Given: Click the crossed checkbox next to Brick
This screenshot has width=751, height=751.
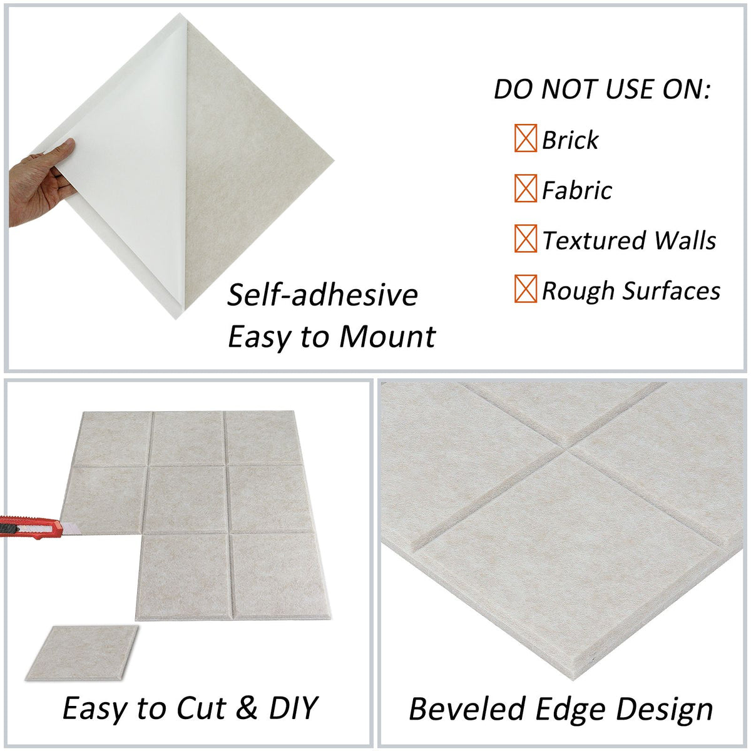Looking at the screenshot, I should (x=526, y=138).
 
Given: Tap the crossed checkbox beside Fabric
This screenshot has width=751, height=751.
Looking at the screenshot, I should (x=526, y=188).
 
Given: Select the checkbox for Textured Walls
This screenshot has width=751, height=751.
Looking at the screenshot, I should (x=526, y=238).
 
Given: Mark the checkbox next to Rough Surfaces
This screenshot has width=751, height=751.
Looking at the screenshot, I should (x=526, y=289).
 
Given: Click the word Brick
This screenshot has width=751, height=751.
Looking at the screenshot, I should (x=570, y=140).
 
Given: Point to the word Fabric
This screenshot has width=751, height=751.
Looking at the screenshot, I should (x=577, y=190).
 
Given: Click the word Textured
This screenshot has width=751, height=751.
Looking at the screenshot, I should (x=594, y=240).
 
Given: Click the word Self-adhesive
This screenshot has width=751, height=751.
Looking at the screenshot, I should (x=322, y=295).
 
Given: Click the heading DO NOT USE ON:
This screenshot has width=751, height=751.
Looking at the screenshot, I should (x=602, y=89).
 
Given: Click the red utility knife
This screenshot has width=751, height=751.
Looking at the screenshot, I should (x=31, y=527).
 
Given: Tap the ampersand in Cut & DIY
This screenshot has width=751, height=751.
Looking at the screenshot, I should (x=248, y=708).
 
